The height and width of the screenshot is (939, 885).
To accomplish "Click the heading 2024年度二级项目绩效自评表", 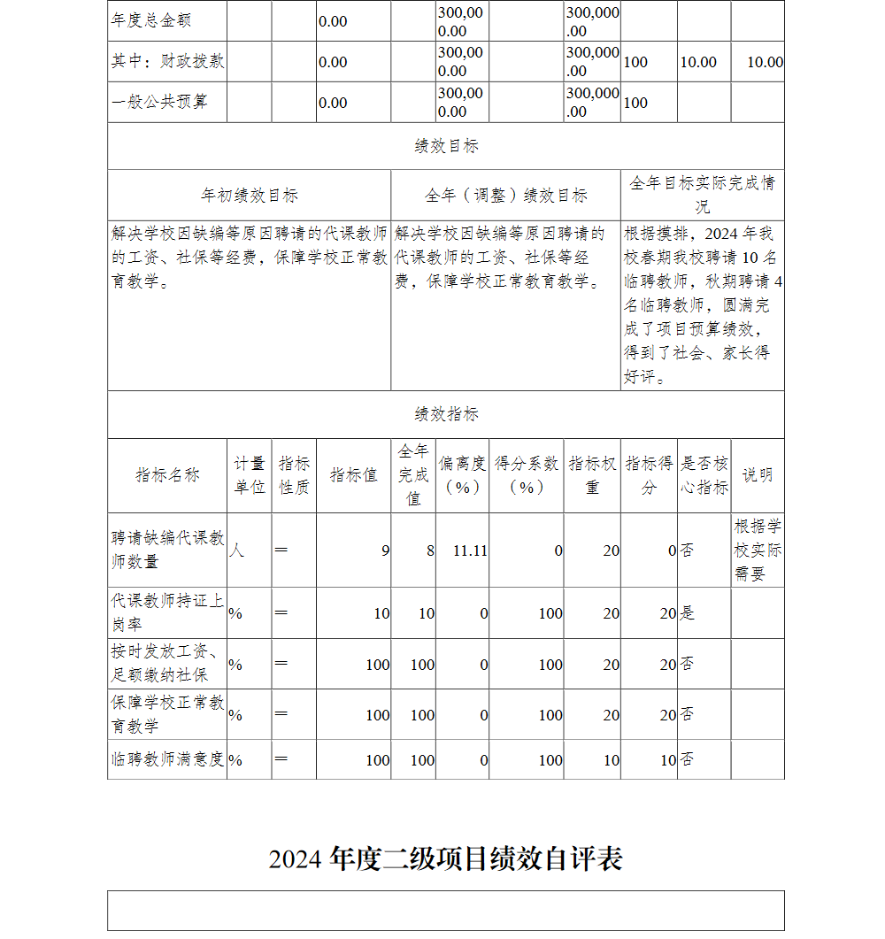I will click(445, 858).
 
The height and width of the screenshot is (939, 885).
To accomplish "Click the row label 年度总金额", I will click(151, 20).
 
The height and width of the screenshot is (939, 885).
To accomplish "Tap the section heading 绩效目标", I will click(446, 146).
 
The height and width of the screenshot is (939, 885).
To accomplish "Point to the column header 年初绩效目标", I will click(249, 195).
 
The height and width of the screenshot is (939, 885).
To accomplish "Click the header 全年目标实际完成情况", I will click(702, 195).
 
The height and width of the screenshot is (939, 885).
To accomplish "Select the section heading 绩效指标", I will click(446, 414).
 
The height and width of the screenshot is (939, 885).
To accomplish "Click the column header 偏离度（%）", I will click(462, 475).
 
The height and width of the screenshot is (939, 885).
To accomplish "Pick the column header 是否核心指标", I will click(704, 475).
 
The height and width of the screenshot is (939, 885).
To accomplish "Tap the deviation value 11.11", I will click(470, 550).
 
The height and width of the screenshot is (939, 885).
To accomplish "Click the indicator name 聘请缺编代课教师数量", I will click(167, 550).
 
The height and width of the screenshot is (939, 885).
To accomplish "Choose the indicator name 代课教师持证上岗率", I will click(167, 612).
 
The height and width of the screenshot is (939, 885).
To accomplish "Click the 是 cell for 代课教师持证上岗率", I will click(688, 613).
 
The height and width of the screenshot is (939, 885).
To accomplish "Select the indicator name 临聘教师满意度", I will click(167, 759).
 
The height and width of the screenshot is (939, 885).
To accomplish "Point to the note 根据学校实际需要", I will click(758, 550).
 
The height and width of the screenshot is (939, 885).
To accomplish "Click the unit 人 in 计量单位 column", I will click(236, 550).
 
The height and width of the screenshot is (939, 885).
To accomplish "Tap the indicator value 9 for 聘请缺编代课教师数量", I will click(385, 550).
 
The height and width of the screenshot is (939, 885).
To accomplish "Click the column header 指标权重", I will click(592, 475).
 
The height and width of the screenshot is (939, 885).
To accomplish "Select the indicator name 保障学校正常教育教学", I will click(167, 714).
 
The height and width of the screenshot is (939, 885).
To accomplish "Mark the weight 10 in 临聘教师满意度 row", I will click(611, 760).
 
